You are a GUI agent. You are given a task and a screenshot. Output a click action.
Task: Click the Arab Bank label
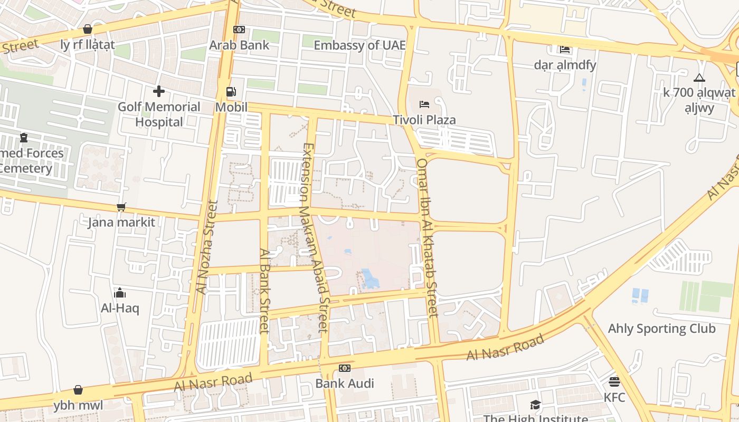coord(239,45)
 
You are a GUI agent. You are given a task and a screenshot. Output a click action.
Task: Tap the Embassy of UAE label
coord(359,45)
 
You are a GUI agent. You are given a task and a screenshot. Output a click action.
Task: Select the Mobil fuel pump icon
coord(231,92)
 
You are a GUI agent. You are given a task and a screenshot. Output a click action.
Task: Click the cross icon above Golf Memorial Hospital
coord(158,91)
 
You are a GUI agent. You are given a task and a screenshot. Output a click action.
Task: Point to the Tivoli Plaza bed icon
coord(424,104)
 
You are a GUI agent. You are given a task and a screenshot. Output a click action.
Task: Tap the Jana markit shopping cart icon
coord(121,207)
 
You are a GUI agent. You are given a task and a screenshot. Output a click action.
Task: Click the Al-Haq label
coord(120,308)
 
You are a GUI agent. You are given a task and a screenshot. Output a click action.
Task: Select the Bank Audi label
coord(344,383)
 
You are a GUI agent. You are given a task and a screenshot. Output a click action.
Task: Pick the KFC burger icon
coord(614,381)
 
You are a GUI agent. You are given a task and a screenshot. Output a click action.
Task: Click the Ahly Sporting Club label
coord(661,329)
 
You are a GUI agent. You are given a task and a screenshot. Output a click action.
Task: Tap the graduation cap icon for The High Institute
coord(535,405)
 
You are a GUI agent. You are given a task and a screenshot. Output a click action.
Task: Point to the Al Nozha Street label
coord(206,247)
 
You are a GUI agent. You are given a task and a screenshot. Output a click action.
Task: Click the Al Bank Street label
coord(264,291)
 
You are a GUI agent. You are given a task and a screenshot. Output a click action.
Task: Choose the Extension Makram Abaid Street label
coord(315,237)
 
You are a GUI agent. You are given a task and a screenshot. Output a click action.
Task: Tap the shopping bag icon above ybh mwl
coord(78,390)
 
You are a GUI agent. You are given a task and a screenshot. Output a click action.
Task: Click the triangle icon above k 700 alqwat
coord(699,78)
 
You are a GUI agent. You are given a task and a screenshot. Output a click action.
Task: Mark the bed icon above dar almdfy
coord(565,50)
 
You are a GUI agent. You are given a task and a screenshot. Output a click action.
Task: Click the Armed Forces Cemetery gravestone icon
coord(23,138)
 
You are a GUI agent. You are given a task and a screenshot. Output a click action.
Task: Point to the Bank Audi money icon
coord(344,368)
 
